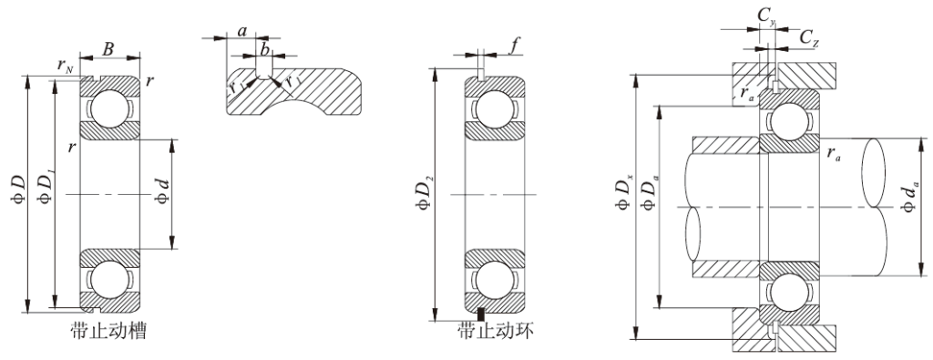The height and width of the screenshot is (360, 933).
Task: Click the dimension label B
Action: click(108, 49)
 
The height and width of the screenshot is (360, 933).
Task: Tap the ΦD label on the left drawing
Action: click(17, 193)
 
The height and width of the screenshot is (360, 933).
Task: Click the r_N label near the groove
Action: click(66, 66)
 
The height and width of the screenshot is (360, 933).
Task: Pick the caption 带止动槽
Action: click(108, 330)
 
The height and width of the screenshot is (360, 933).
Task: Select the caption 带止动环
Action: click(497, 329)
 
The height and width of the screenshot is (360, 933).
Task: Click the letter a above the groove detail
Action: click(242, 30)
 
